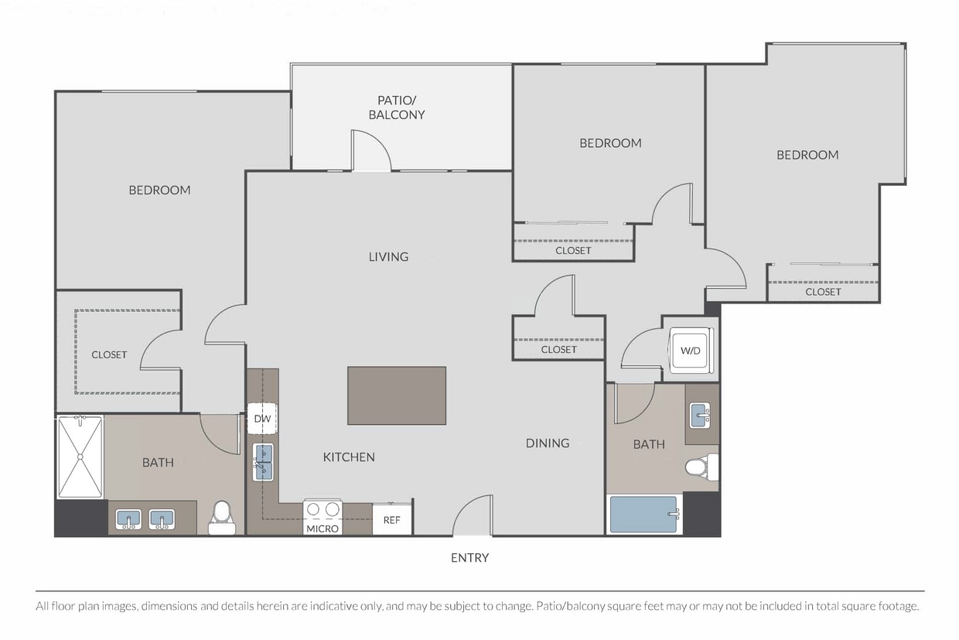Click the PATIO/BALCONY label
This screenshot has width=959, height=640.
[x=397, y=108]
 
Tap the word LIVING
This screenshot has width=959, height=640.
[x=388, y=257]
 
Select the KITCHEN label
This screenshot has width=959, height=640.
[x=349, y=457]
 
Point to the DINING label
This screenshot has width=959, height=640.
[x=548, y=443]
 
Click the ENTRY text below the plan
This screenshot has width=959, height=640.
[x=469, y=558]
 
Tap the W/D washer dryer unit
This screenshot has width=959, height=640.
[x=691, y=350]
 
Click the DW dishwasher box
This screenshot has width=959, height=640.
[x=262, y=419]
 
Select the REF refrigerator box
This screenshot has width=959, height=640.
[x=392, y=519]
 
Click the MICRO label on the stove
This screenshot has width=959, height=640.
[x=323, y=529]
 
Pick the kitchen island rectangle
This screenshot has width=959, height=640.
[x=397, y=395]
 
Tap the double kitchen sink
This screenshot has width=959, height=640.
[x=262, y=463]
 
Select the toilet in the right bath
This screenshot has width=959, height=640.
[x=702, y=467]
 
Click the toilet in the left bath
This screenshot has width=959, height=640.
[x=222, y=518]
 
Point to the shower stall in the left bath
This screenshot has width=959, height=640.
[x=80, y=457]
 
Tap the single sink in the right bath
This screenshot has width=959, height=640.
[x=700, y=415]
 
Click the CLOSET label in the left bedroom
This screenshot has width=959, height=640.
[x=109, y=354]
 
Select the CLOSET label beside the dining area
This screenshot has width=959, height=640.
[x=558, y=350]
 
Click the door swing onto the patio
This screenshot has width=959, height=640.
[x=370, y=150]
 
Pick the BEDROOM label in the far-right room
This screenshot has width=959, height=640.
[x=807, y=155]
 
